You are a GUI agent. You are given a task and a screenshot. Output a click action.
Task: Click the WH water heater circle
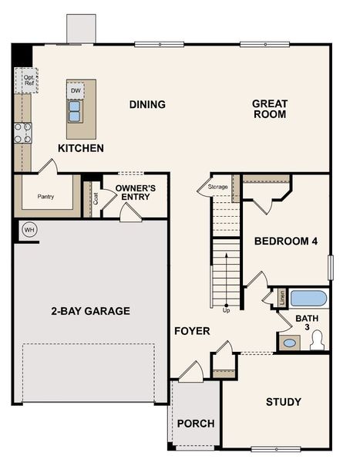click(x=29, y=229)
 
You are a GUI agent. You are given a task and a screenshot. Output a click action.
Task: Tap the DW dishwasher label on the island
click(x=76, y=91)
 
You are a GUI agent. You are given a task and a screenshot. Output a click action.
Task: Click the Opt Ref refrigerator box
click(x=29, y=79)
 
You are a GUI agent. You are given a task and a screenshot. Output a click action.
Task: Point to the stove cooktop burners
click(x=23, y=133)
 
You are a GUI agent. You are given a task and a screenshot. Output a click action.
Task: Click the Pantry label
click(x=45, y=196)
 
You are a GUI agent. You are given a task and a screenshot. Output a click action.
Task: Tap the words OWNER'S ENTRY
click(x=136, y=193)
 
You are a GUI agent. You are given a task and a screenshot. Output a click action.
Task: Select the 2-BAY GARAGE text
click(x=90, y=311)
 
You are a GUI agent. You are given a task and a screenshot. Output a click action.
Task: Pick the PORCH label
click(x=196, y=424)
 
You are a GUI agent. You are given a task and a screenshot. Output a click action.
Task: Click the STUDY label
click(x=283, y=401)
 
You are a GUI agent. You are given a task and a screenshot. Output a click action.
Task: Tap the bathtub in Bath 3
click(x=308, y=298)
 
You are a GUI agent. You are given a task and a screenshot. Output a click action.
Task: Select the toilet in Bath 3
click(x=317, y=340)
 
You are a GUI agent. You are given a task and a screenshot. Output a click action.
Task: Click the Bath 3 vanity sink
click(x=289, y=343)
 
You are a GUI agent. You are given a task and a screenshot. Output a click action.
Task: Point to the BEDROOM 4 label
click(x=286, y=242)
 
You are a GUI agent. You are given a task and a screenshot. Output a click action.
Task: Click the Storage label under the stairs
click(x=217, y=186)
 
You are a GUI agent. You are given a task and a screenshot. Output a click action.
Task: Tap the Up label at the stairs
click(x=226, y=310)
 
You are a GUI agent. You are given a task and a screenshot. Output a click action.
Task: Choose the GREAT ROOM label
click(x=269, y=109)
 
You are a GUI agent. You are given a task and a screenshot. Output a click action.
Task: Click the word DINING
click(x=147, y=104)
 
